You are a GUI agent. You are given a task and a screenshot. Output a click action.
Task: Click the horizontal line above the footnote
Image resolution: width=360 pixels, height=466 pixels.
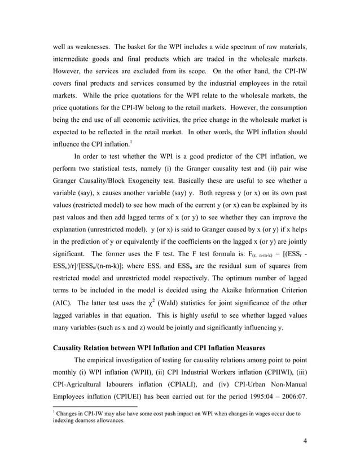(x=94, y=420)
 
